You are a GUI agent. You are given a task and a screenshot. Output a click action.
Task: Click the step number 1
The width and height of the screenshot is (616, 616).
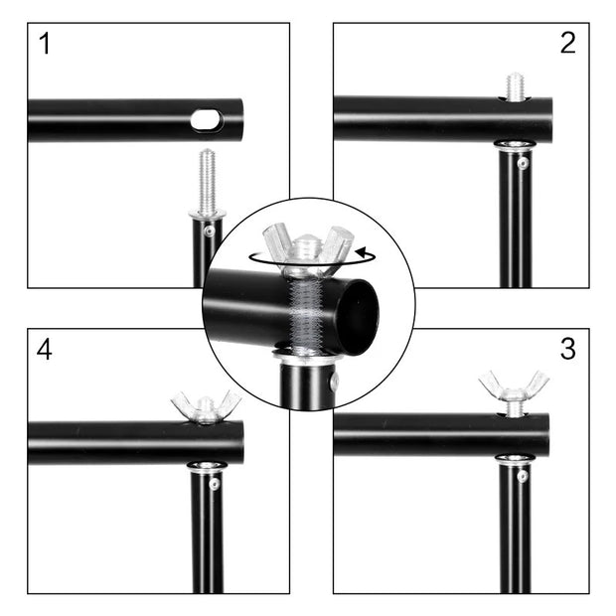pyautogui.click(x=44, y=44)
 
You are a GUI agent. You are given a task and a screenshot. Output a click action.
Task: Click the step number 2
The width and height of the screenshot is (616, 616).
pyautogui.click(x=567, y=43)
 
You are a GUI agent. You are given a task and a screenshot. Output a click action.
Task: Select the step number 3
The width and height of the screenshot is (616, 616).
pyautogui.click(x=567, y=350)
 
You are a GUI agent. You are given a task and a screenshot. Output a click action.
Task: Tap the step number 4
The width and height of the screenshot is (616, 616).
pyautogui.click(x=44, y=350)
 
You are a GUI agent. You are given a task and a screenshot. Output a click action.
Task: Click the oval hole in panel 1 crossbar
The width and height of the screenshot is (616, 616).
pyautogui.click(x=207, y=120)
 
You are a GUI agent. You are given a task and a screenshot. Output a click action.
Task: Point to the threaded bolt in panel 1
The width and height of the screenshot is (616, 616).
pyautogui.click(x=207, y=181)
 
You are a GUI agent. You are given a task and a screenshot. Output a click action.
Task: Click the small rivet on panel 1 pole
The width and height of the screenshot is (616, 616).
pyautogui.click(x=209, y=231)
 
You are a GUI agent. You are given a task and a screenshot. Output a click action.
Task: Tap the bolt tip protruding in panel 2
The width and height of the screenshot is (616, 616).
pyautogui.click(x=514, y=86)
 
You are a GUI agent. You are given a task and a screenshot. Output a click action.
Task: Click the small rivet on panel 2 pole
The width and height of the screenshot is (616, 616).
pyautogui.click(x=523, y=163)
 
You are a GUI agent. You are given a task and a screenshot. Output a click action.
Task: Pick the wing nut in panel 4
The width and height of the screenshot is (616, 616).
pyautogui.click(x=206, y=405)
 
